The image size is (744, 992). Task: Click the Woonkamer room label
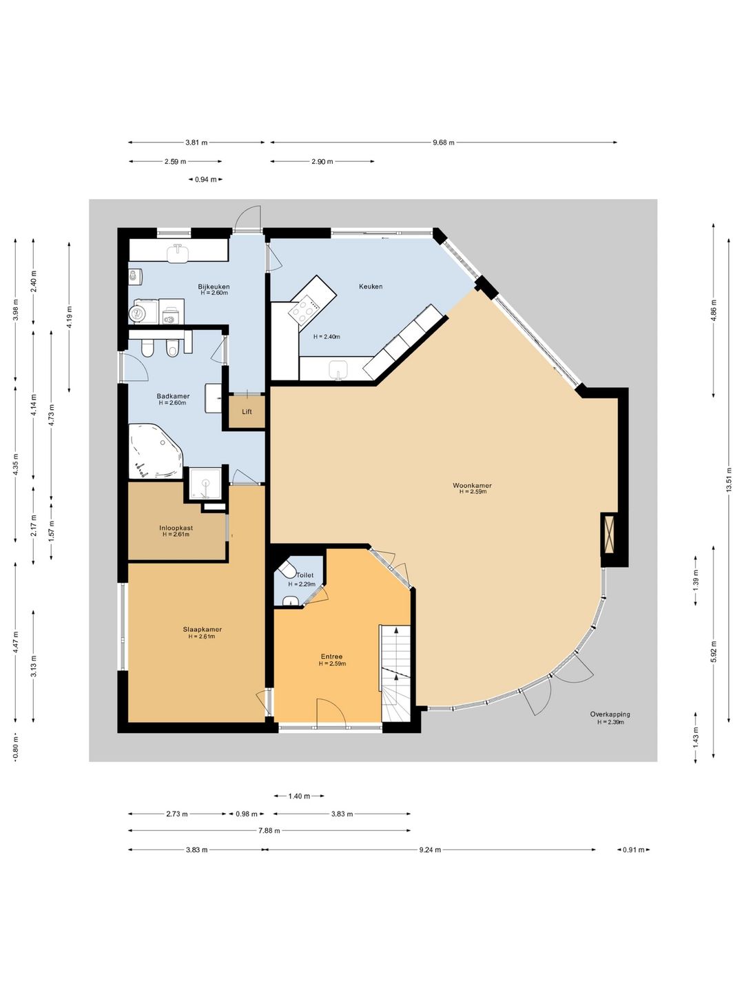pyautogui.click(x=472, y=486)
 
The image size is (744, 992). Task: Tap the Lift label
pyautogui.click(x=247, y=412)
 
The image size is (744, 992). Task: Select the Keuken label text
pyautogui.click(x=371, y=286)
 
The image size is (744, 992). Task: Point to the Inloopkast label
pyautogui.click(x=176, y=528)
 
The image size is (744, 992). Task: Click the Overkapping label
pyautogui.click(x=610, y=714)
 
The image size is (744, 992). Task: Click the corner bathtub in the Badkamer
pyautogui.click(x=156, y=451)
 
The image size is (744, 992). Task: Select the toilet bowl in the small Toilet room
pyautogui.click(x=285, y=570)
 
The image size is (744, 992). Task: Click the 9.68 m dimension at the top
pyautogui.click(x=444, y=143)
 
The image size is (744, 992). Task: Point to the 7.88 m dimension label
pyautogui.click(x=269, y=830)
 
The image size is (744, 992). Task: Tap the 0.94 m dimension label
pyautogui.click(x=205, y=179)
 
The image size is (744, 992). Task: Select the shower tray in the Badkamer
pyautogui.click(x=206, y=483)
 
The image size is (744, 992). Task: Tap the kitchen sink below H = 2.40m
pyautogui.click(x=339, y=369)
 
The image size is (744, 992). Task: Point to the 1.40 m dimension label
pyautogui.click(x=299, y=796)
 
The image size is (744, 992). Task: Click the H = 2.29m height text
pyautogui.click(x=302, y=584)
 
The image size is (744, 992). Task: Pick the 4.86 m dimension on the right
pyautogui.click(x=713, y=311)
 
